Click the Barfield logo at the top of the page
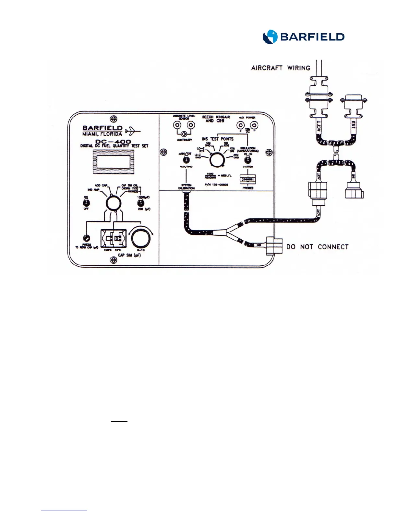(x=303, y=37)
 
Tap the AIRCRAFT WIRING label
(x=281, y=68)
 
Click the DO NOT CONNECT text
(x=317, y=247)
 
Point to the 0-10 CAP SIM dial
(x=141, y=238)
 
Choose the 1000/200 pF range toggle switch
(x=140, y=203)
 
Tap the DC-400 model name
(x=113, y=142)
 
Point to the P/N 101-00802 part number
(x=216, y=185)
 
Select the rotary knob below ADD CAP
(x=113, y=203)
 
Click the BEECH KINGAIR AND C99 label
(x=216, y=119)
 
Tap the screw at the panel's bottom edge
(x=113, y=260)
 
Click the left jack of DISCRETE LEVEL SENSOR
(x=177, y=125)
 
